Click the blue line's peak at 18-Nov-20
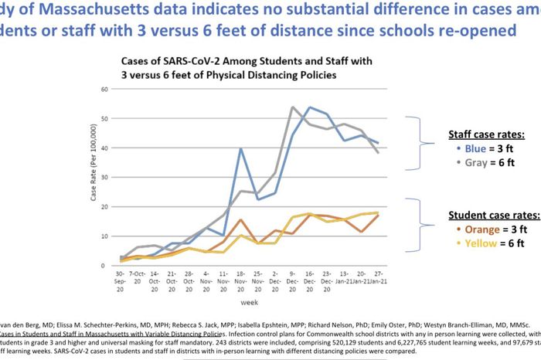[x=241, y=148]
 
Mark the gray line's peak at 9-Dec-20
[x=292, y=107]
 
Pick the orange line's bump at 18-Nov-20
[x=241, y=220]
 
